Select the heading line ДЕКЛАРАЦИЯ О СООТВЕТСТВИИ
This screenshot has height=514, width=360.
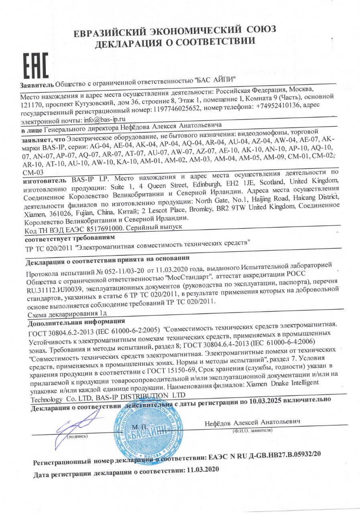tap(175, 42)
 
